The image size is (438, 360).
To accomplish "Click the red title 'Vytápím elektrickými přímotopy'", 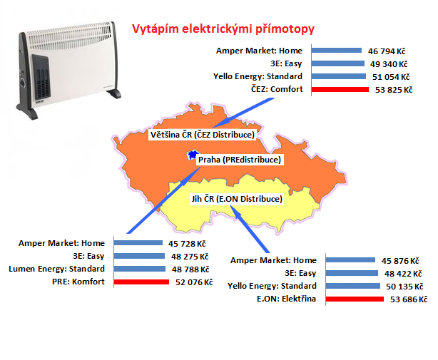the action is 223,29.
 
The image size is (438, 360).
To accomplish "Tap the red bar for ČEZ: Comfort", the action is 340,89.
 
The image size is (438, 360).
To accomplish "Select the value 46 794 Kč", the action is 387,51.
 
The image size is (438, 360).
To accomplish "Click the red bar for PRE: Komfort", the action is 141,282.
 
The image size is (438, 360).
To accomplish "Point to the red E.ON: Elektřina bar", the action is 355,299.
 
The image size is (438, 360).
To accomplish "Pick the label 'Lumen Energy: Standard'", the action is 56,269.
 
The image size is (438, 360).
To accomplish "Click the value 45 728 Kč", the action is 187,244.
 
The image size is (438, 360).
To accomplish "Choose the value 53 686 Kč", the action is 409,299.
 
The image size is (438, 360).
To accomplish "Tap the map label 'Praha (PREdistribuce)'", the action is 240,160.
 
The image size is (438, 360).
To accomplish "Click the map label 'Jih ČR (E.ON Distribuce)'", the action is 237,199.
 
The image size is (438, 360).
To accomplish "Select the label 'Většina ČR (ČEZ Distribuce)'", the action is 203,135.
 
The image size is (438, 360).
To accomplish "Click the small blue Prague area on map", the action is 193,155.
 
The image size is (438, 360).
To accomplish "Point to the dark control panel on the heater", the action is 41,77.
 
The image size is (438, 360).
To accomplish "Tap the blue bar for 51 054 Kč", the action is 339,76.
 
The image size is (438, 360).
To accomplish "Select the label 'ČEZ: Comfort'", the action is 277,89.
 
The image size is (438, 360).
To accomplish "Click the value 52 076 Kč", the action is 194,282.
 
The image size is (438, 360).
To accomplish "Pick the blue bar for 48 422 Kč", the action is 352,273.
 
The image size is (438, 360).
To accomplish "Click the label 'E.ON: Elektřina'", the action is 287,299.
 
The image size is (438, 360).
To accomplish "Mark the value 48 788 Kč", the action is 190,269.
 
